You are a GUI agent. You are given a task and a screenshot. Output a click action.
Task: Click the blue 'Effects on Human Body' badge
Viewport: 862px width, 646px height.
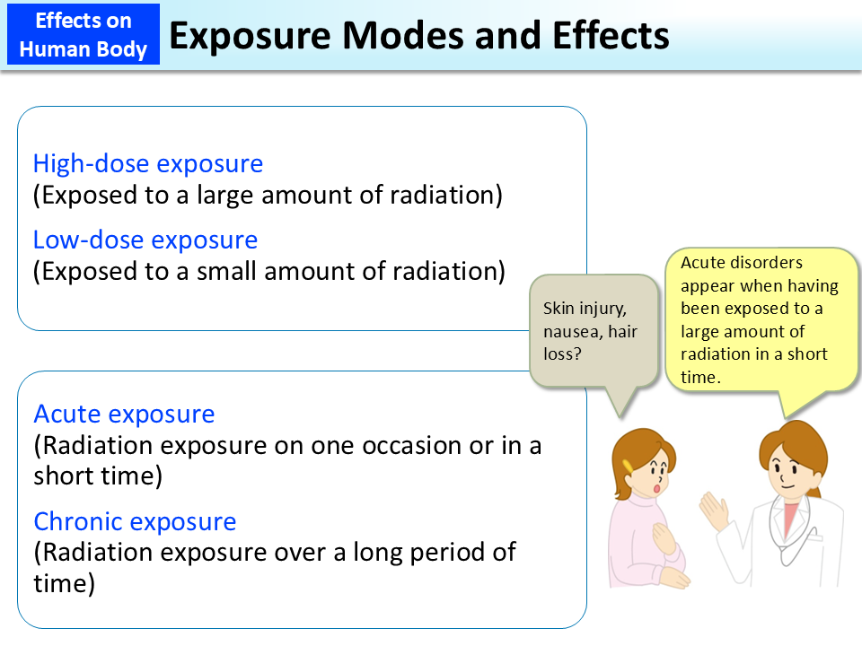pos(83,35)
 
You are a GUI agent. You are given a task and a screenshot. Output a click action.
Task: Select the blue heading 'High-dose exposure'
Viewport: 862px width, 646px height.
pos(148,164)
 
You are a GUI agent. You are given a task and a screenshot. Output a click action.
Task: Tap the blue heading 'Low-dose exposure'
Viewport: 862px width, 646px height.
pos(145,240)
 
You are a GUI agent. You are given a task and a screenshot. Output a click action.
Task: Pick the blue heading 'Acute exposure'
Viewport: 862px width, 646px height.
pos(124,415)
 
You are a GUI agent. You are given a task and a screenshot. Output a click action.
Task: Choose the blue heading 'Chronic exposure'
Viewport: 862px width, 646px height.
pos(135,522)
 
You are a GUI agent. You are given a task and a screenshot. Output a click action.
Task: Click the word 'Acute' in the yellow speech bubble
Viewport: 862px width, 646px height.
pos(703,263)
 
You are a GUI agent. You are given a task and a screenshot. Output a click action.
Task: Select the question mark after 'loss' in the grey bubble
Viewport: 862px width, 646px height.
pos(581,354)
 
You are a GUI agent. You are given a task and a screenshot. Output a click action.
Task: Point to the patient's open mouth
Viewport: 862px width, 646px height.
pos(660,489)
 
